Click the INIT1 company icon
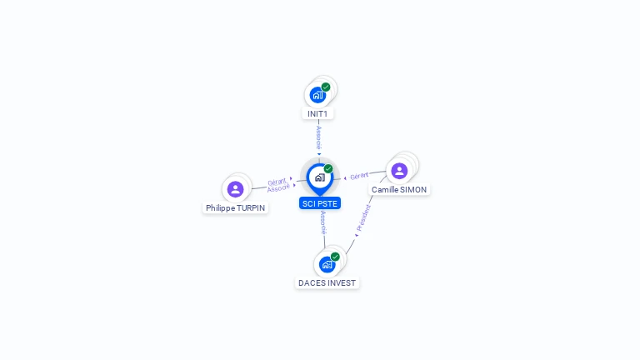tap(317, 94)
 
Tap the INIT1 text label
tap(317, 113)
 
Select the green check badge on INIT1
tap(326, 87)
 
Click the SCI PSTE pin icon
tap(319, 177)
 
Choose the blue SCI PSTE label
tap(320, 203)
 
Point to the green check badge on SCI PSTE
tap(328, 169)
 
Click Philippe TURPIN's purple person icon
tap(236, 189)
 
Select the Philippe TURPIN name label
tap(237, 208)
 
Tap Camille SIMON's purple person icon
tap(399, 171)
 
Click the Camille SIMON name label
tap(399, 190)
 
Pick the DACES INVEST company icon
tap(327, 264)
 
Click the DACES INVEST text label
tap(327, 283)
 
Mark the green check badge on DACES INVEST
tap(335, 257)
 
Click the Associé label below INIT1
tap(318, 137)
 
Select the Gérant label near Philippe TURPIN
tap(277, 182)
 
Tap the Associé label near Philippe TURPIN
tap(278, 188)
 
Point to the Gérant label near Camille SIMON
tap(359, 176)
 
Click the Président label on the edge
tap(363, 217)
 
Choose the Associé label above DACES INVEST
tap(322, 222)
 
